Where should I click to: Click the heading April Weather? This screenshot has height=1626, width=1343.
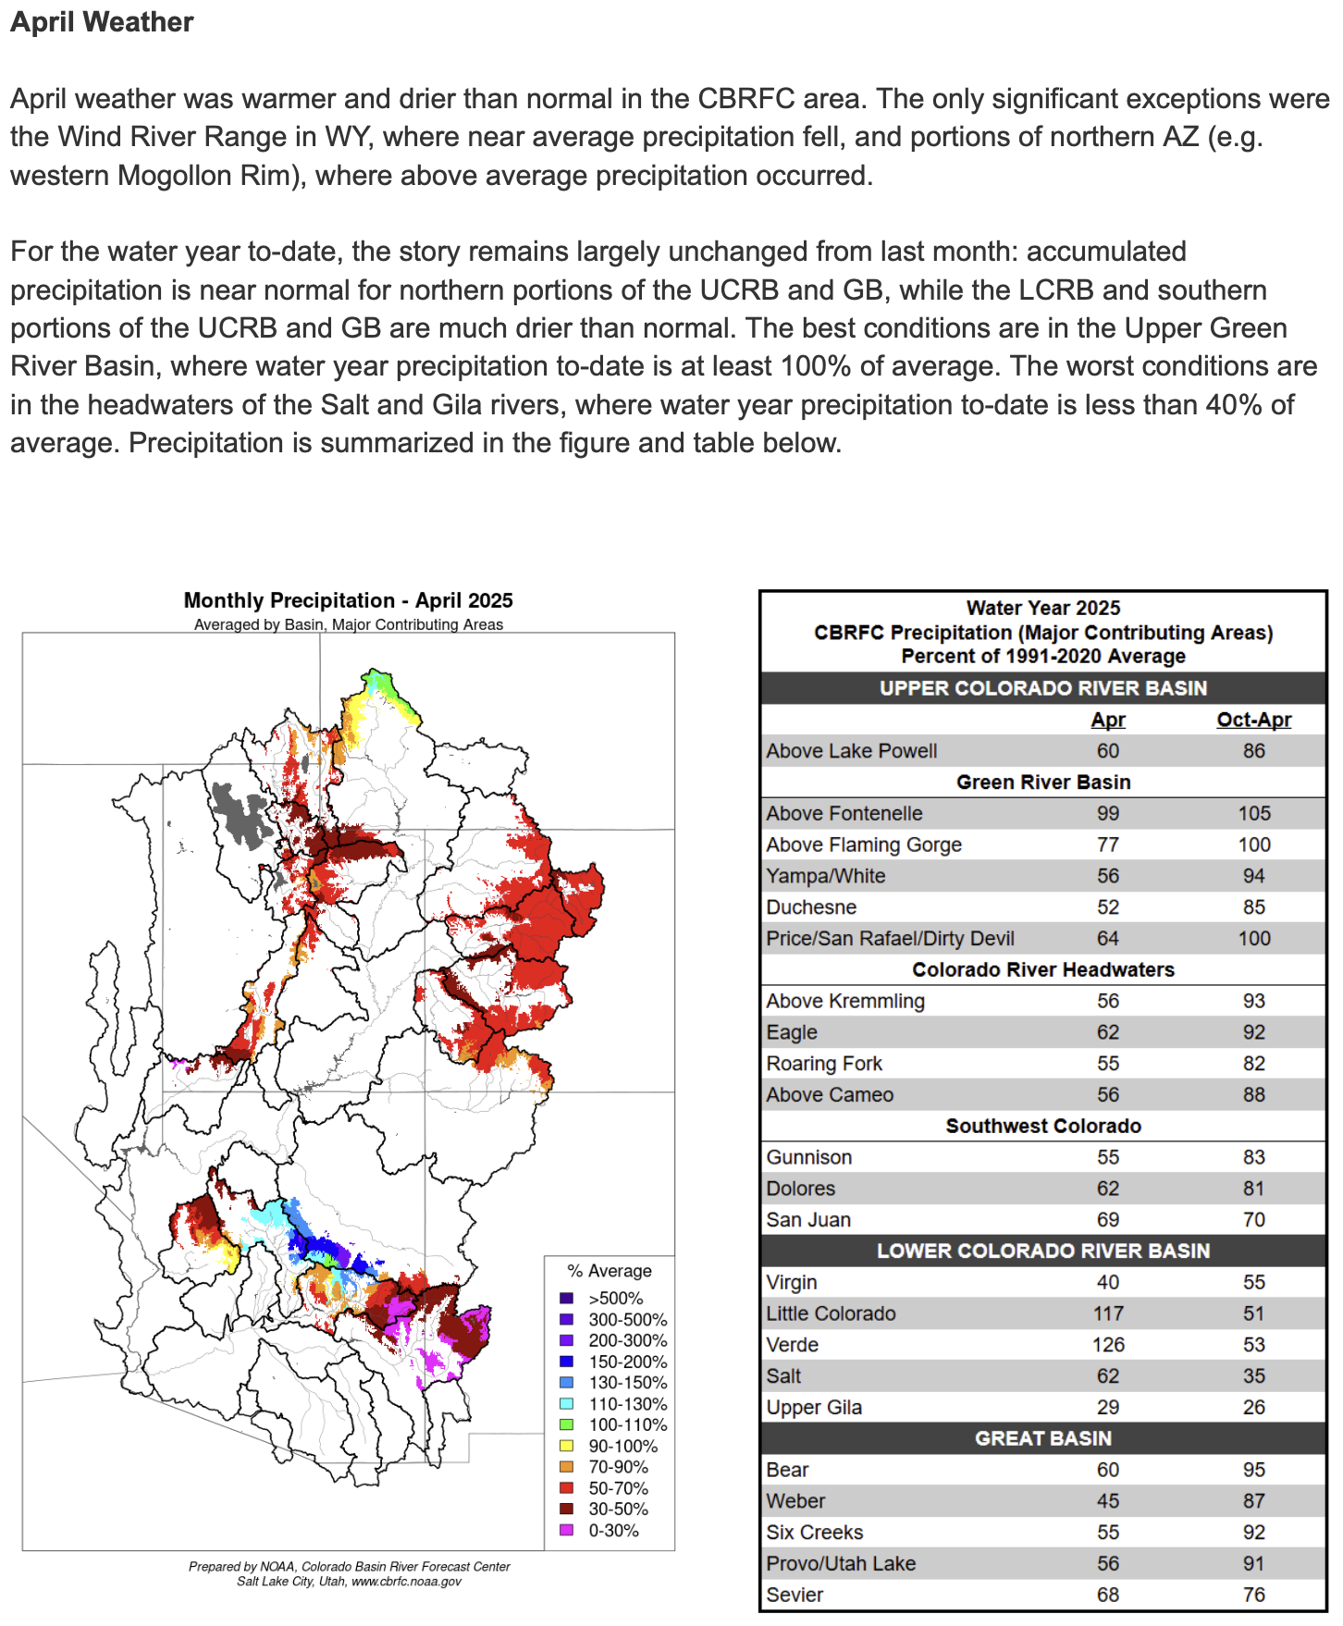coord(102,22)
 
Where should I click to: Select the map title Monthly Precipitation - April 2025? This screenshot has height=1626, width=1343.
coord(348,600)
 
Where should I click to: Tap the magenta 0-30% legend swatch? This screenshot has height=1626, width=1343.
coord(567,1530)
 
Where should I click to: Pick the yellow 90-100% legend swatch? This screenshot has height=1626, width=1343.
coord(567,1446)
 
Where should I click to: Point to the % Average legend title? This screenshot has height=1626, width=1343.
coord(609,1271)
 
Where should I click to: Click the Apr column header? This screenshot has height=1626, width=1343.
coord(1107,720)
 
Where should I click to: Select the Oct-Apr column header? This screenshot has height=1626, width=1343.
coord(1253,720)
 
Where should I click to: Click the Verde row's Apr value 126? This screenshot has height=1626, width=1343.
coord(1107,1345)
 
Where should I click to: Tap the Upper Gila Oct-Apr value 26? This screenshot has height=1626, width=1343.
coord(1253,1407)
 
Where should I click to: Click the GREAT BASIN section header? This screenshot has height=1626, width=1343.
coord(1042,1438)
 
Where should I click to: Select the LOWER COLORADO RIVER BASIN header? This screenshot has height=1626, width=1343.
coord(1042,1250)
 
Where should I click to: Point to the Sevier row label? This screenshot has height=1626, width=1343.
coord(795,1595)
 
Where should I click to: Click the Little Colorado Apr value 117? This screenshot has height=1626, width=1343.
coord(1107,1313)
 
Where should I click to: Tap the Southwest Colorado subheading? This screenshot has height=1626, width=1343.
coord(1042,1126)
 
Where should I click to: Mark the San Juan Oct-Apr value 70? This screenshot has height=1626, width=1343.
coord(1253,1220)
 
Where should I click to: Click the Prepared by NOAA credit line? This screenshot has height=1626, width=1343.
coord(349,1567)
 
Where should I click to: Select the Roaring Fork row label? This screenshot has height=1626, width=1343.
coord(824,1064)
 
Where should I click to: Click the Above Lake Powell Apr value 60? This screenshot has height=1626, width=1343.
coord(1107,751)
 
